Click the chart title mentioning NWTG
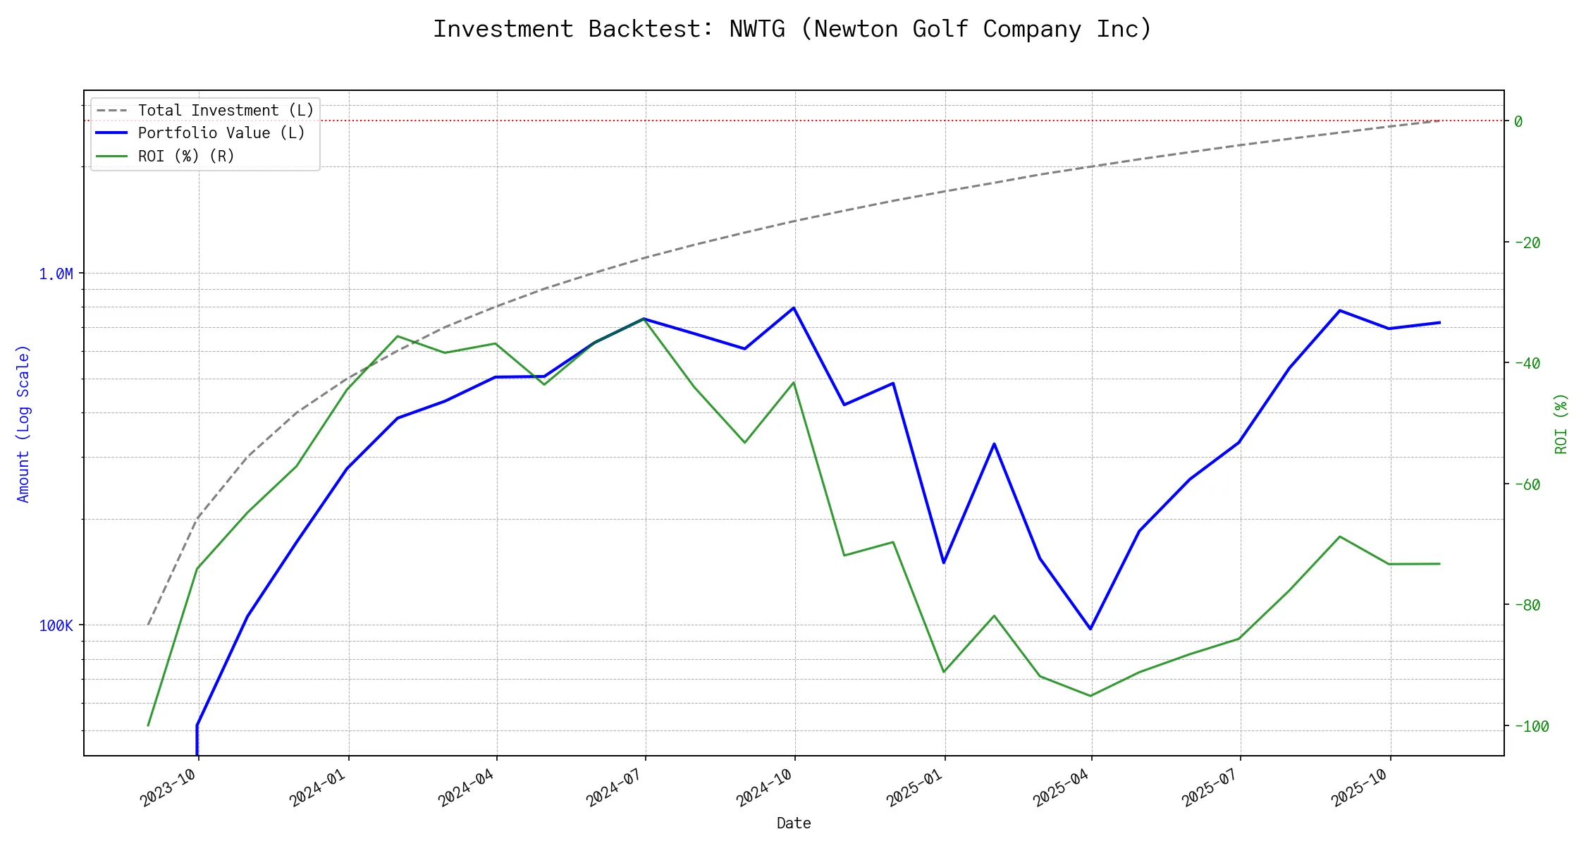pyautogui.click(x=792, y=29)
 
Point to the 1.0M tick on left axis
pyautogui.click(x=56, y=274)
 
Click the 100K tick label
pyautogui.click(x=56, y=625)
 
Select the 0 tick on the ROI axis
pyautogui.click(x=1518, y=121)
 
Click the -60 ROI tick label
pyautogui.click(x=1527, y=484)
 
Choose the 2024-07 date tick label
pyautogui.click(x=615, y=787)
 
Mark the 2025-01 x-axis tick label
pyautogui.click(x=914, y=787)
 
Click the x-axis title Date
pyautogui.click(x=794, y=823)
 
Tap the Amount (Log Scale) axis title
pyautogui.click(x=23, y=424)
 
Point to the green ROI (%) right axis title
pyautogui.click(x=1561, y=424)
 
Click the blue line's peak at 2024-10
pyautogui.click(x=794, y=307)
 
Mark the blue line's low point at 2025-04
pyautogui.click(x=1091, y=628)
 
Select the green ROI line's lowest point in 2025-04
pyautogui.click(x=1091, y=696)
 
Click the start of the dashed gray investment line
pyautogui.click(x=148, y=625)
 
